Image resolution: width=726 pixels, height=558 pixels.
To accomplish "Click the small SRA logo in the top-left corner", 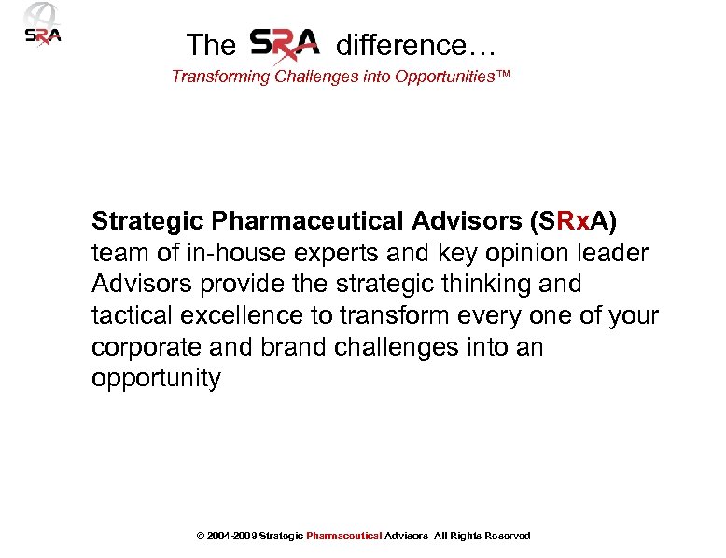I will pyautogui.click(x=41, y=26).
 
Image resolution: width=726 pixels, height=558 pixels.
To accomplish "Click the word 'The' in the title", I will pyautogui.click(x=211, y=45).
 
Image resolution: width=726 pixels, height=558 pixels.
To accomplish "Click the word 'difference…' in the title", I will pyautogui.click(x=415, y=45).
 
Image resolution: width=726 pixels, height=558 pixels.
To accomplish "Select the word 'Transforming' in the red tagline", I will pyautogui.click(x=220, y=77).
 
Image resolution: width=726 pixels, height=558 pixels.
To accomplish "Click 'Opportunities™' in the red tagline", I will pyautogui.click(x=453, y=77).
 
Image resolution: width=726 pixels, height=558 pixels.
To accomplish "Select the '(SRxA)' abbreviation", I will pyautogui.click(x=572, y=221).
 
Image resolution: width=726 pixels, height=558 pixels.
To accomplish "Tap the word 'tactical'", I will pyautogui.click(x=133, y=315).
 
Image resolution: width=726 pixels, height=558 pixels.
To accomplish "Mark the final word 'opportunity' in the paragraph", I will pyautogui.click(x=156, y=379).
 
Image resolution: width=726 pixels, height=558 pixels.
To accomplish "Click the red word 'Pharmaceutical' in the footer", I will pyautogui.click(x=344, y=536).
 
